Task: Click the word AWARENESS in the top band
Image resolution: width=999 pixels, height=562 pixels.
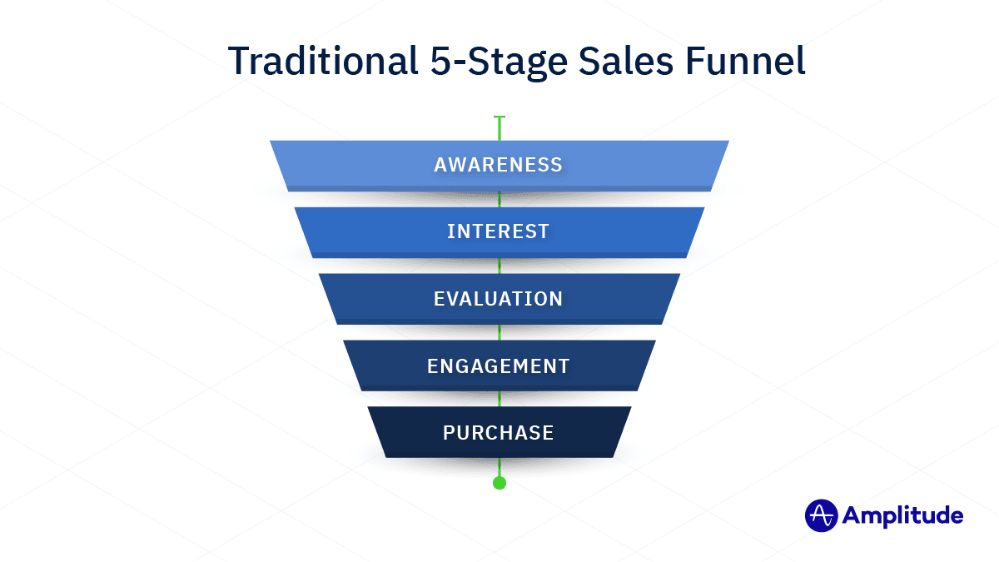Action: click(498, 165)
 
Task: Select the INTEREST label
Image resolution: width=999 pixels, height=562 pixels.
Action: click(498, 231)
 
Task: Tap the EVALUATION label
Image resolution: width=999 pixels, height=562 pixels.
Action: click(498, 298)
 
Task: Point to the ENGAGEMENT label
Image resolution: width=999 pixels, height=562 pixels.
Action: click(498, 366)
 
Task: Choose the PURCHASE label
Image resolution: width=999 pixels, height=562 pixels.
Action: click(498, 432)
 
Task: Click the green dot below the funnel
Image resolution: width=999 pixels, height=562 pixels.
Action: click(499, 483)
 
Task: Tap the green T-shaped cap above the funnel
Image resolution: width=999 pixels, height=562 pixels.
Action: click(499, 118)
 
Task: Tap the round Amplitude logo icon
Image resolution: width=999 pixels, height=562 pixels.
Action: click(820, 515)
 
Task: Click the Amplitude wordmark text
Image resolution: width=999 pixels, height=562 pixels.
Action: click(902, 516)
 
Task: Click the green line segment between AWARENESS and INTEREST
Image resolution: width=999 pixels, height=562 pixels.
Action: click(499, 199)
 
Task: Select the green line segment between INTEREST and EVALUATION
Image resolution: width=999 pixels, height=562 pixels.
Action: click(499, 266)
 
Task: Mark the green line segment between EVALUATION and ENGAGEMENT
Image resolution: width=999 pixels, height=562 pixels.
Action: click(499, 332)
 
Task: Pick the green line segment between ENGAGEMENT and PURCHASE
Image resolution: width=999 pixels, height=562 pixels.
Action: click(499, 399)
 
